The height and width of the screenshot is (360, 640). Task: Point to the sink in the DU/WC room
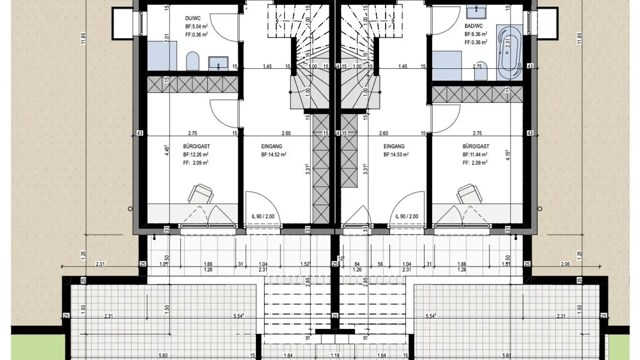click(x=218, y=63)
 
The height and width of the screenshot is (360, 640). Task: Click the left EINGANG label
click(x=272, y=146)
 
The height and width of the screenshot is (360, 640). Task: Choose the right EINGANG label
click(x=394, y=146)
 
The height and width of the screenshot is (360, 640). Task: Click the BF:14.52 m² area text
click(x=273, y=155)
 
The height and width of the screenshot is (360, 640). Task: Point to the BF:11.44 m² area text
click(x=475, y=155)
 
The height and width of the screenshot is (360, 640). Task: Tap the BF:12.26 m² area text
click(x=196, y=155)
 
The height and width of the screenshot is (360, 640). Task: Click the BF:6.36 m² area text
click(x=475, y=34)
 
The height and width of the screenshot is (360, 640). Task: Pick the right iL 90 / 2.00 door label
click(x=407, y=216)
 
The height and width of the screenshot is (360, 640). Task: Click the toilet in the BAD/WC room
click(x=481, y=73)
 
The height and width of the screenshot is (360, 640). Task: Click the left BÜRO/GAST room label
click(x=196, y=146)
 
